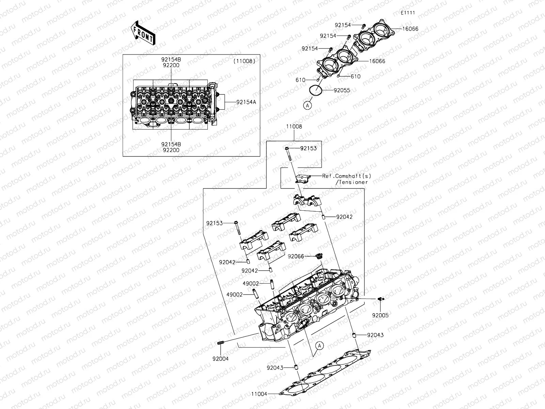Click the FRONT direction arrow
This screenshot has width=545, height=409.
[143, 33]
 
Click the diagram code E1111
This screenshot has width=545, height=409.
[408, 13]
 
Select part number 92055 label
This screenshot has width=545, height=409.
[342, 90]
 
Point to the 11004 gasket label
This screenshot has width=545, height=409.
[259, 394]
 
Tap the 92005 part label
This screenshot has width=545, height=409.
[380, 315]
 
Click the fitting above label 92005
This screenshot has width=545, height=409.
[380, 299]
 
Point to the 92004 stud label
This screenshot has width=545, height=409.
[220, 359]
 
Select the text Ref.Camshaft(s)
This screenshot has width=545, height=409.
[346, 176]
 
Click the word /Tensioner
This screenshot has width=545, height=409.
[352, 182]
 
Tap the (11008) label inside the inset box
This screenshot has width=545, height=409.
[244, 61]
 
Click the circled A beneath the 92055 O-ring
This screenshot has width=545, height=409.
[308, 106]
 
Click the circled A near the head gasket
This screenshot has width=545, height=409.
[319, 346]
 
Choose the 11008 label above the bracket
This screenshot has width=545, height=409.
[294, 126]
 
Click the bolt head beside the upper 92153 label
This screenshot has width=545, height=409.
[287, 149]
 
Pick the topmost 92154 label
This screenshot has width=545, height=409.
[343, 25]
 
